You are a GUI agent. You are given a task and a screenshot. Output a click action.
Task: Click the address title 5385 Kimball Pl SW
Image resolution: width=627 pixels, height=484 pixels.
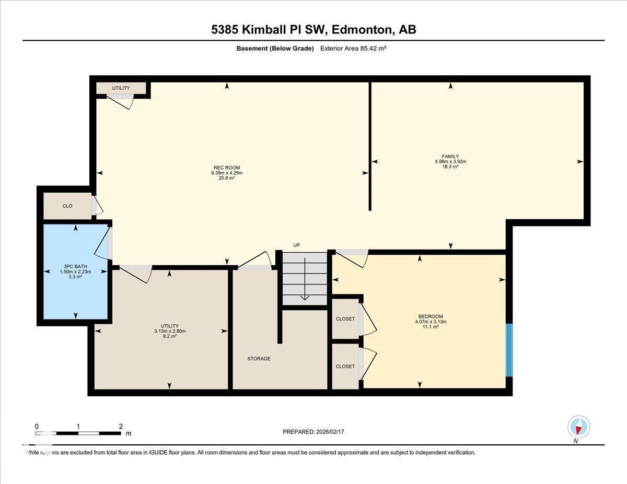[313, 30]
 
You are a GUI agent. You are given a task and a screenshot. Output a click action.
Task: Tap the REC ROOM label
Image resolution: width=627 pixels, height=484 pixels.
[226, 168]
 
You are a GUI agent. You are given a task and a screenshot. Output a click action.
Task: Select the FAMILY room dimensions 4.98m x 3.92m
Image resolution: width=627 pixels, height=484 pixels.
[450, 161]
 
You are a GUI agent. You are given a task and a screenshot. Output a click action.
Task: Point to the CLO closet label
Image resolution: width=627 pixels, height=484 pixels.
[67, 206]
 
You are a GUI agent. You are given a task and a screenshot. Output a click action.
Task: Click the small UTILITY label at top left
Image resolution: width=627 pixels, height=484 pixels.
[121, 88]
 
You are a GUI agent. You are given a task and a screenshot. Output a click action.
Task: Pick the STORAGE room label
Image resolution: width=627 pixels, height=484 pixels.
[259, 359]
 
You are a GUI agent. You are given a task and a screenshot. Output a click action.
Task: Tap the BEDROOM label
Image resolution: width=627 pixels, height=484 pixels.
[430, 316]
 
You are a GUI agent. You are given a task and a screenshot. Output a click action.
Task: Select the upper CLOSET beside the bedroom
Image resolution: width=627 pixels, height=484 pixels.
[345, 318]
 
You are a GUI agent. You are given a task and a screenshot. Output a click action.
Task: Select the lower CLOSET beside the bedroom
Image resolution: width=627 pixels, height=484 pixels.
[345, 367]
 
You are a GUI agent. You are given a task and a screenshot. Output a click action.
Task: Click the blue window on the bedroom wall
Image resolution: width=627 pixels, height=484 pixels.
[509, 350]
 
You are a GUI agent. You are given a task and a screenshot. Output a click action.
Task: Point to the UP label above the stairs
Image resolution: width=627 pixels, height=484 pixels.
[296, 245]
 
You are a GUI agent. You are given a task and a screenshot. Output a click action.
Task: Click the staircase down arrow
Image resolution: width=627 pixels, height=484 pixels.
[305, 298]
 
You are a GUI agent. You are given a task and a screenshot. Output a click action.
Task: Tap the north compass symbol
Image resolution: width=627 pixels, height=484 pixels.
[578, 427]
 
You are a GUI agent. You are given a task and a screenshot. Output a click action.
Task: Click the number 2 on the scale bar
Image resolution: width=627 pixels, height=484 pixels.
[121, 426]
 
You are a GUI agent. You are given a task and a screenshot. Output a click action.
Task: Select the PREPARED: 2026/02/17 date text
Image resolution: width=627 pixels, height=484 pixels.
[314, 432]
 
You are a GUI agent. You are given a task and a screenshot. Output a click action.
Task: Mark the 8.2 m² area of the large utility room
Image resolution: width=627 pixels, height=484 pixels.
[169, 337]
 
